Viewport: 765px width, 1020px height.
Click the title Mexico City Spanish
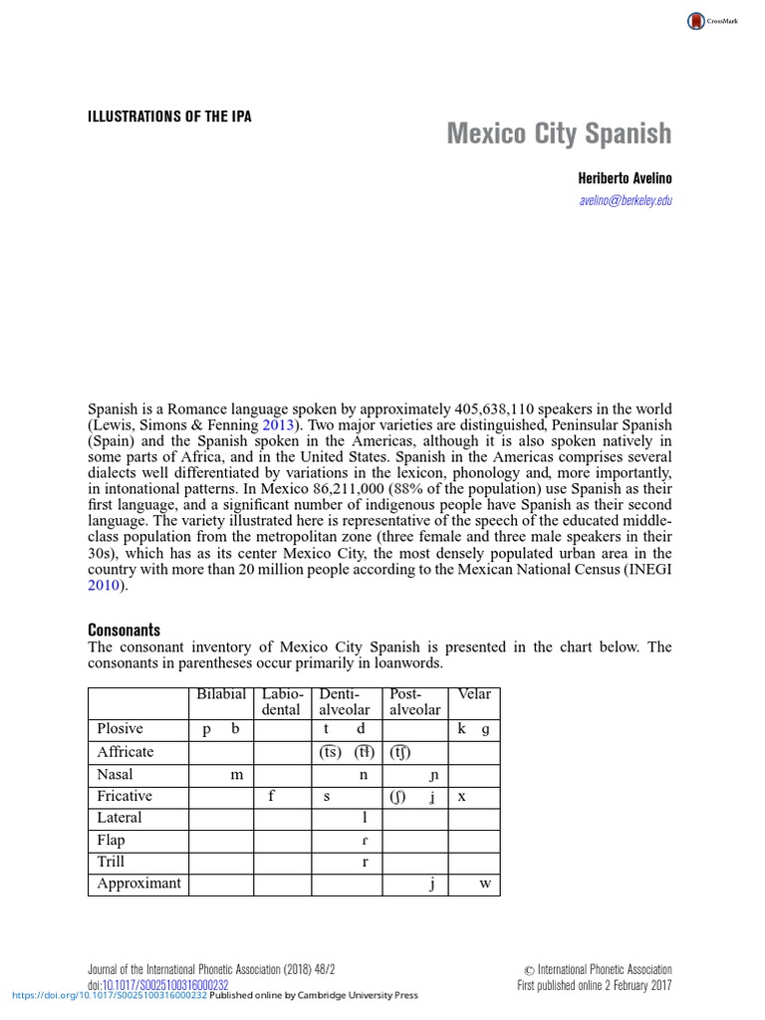559,133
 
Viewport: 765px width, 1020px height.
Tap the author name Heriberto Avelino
626,178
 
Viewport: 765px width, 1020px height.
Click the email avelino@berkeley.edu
626,200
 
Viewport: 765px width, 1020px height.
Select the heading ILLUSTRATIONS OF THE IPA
169,117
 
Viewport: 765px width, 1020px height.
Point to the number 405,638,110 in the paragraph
506,409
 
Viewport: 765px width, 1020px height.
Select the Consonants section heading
124,631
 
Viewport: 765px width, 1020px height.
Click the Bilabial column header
221,693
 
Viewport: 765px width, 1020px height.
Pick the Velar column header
474,693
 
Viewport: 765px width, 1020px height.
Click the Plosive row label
120,728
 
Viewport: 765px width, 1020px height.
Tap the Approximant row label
138,883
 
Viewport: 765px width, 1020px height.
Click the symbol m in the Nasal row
236,774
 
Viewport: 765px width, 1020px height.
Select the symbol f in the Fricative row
272,796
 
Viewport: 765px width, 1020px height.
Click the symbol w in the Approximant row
485,884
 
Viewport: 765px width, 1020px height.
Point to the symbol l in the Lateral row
365,818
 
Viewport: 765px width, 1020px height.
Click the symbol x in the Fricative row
461,796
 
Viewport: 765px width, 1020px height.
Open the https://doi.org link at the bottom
110,995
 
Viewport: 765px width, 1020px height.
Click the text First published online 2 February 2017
594,985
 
